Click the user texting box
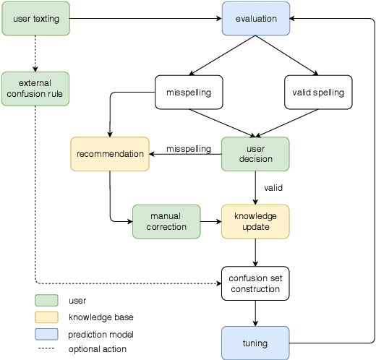point(35,19)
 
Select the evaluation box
point(256,19)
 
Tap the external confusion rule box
point(35,88)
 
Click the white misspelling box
point(189,93)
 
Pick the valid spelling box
point(318,93)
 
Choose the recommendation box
point(110,154)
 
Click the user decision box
point(255,154)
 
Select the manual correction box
point(166,221)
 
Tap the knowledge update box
point(255,221)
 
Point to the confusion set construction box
point(255,283)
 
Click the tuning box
point(255,343)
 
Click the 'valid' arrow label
point(273,188)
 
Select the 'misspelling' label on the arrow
point(189,149)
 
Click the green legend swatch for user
point(46,300)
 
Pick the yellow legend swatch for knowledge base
point(46,317)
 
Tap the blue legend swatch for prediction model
point(46,334)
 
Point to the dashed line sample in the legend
point(46,349)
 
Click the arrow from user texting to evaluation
point(145,19)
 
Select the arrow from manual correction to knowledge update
point(210,221)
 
